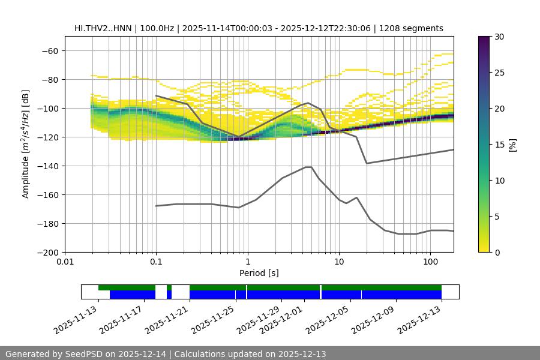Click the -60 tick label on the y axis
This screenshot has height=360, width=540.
[x=50, y=50]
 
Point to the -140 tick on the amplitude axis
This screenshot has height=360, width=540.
[x=47, y=166]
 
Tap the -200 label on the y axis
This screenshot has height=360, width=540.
[x=47, y=252]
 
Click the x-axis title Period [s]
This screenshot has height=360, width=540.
[x=259, y=273]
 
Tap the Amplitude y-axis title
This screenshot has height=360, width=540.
[x=26, y=144]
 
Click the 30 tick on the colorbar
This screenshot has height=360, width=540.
[x=499, y=37]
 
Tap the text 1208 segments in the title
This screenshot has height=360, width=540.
[x=414, y=28]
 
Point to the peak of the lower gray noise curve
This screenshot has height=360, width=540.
[x=308, y=167]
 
